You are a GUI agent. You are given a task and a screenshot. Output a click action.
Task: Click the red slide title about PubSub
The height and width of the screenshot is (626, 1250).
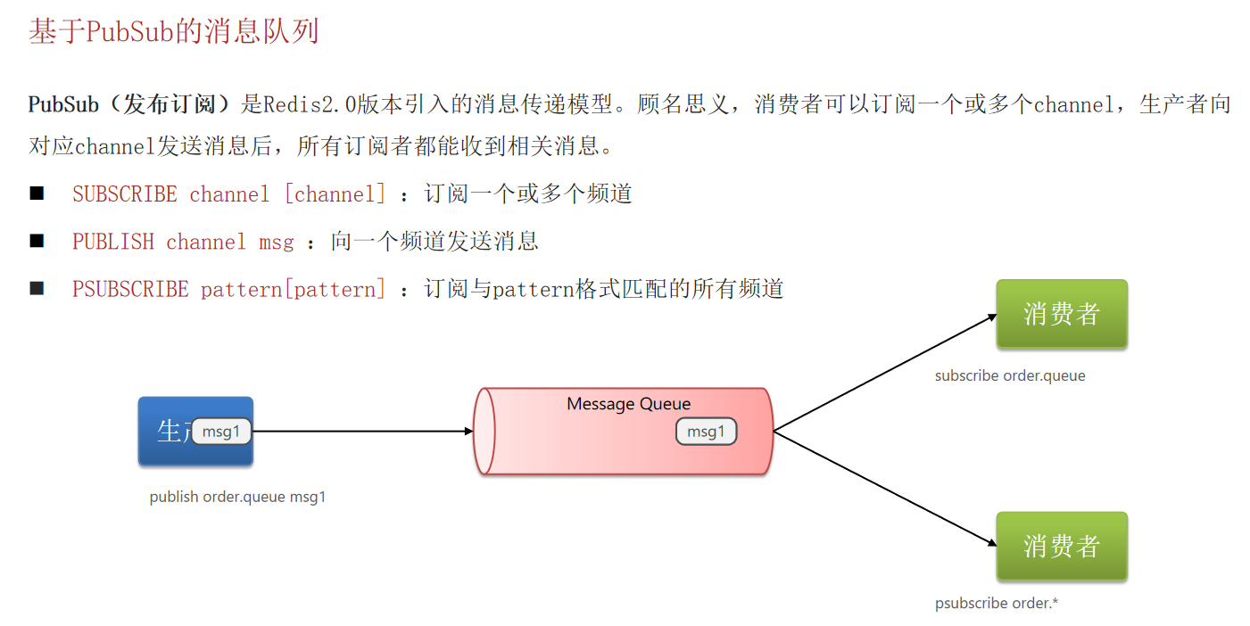174,32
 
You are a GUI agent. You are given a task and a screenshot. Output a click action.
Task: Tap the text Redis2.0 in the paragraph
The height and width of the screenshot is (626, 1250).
310,104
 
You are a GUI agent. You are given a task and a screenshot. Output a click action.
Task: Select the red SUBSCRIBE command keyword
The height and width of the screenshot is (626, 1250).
125,194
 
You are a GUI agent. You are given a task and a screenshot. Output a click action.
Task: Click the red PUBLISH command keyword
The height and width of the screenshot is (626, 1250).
113,242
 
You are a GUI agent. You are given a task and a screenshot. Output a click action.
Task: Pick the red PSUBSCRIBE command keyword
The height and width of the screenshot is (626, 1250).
130,289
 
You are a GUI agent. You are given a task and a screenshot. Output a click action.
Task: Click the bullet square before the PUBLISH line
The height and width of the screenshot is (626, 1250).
37,241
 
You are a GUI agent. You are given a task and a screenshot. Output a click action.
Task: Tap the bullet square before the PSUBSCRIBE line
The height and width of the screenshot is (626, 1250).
37,288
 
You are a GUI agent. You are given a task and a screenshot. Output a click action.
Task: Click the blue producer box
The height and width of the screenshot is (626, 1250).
170,450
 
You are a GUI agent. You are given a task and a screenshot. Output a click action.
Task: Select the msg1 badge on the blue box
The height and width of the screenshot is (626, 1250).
221,432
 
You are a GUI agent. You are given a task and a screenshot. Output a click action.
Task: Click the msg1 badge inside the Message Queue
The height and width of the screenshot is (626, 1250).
706,432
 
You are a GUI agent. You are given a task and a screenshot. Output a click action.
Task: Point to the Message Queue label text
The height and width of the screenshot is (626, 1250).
628,404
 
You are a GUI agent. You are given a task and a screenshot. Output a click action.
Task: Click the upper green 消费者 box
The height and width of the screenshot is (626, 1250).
1062,314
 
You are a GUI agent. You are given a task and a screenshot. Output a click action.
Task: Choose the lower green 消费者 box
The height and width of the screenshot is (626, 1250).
1062,546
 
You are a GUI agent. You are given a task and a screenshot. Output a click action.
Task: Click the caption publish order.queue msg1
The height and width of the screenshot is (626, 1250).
237,497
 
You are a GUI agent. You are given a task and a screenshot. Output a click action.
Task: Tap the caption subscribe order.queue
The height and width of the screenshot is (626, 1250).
1010,375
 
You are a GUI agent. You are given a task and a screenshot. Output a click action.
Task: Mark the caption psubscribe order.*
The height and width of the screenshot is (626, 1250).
997,604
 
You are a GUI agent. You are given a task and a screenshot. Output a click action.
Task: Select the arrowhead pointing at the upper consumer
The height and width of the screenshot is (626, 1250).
990,317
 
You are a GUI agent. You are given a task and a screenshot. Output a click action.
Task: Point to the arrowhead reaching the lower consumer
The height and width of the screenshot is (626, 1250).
990,542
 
